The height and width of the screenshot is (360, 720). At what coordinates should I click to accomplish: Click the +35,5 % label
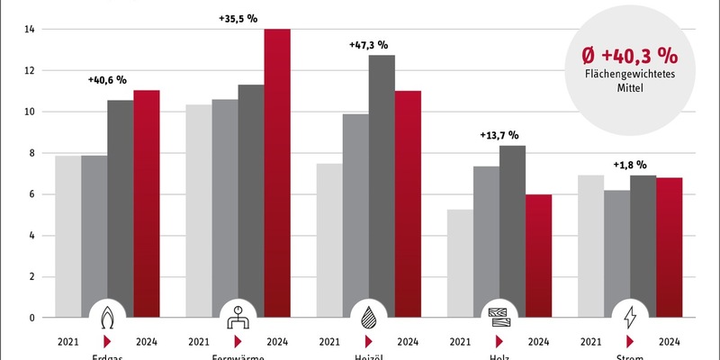[x=238, y=17]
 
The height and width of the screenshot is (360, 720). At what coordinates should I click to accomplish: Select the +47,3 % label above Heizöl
[x=368, y=44]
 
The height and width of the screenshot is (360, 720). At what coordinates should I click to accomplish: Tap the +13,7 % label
[x=499, y=135]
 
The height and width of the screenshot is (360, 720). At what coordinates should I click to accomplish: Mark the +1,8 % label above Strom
[x=629, y=165]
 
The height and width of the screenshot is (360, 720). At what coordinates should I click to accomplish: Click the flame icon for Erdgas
[x=107, y=318]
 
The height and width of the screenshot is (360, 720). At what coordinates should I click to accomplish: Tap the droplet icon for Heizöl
[x=368, y=318]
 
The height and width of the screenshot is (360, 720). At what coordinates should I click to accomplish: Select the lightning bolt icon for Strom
[x=629, y=318]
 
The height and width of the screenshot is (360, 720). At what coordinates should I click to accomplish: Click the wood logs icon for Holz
[x=499, y=318]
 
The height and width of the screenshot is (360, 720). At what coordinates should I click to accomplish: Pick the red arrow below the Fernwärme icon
[x=238, y=342]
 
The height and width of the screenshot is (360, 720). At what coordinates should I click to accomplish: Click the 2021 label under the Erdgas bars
[x=68, y=342]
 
